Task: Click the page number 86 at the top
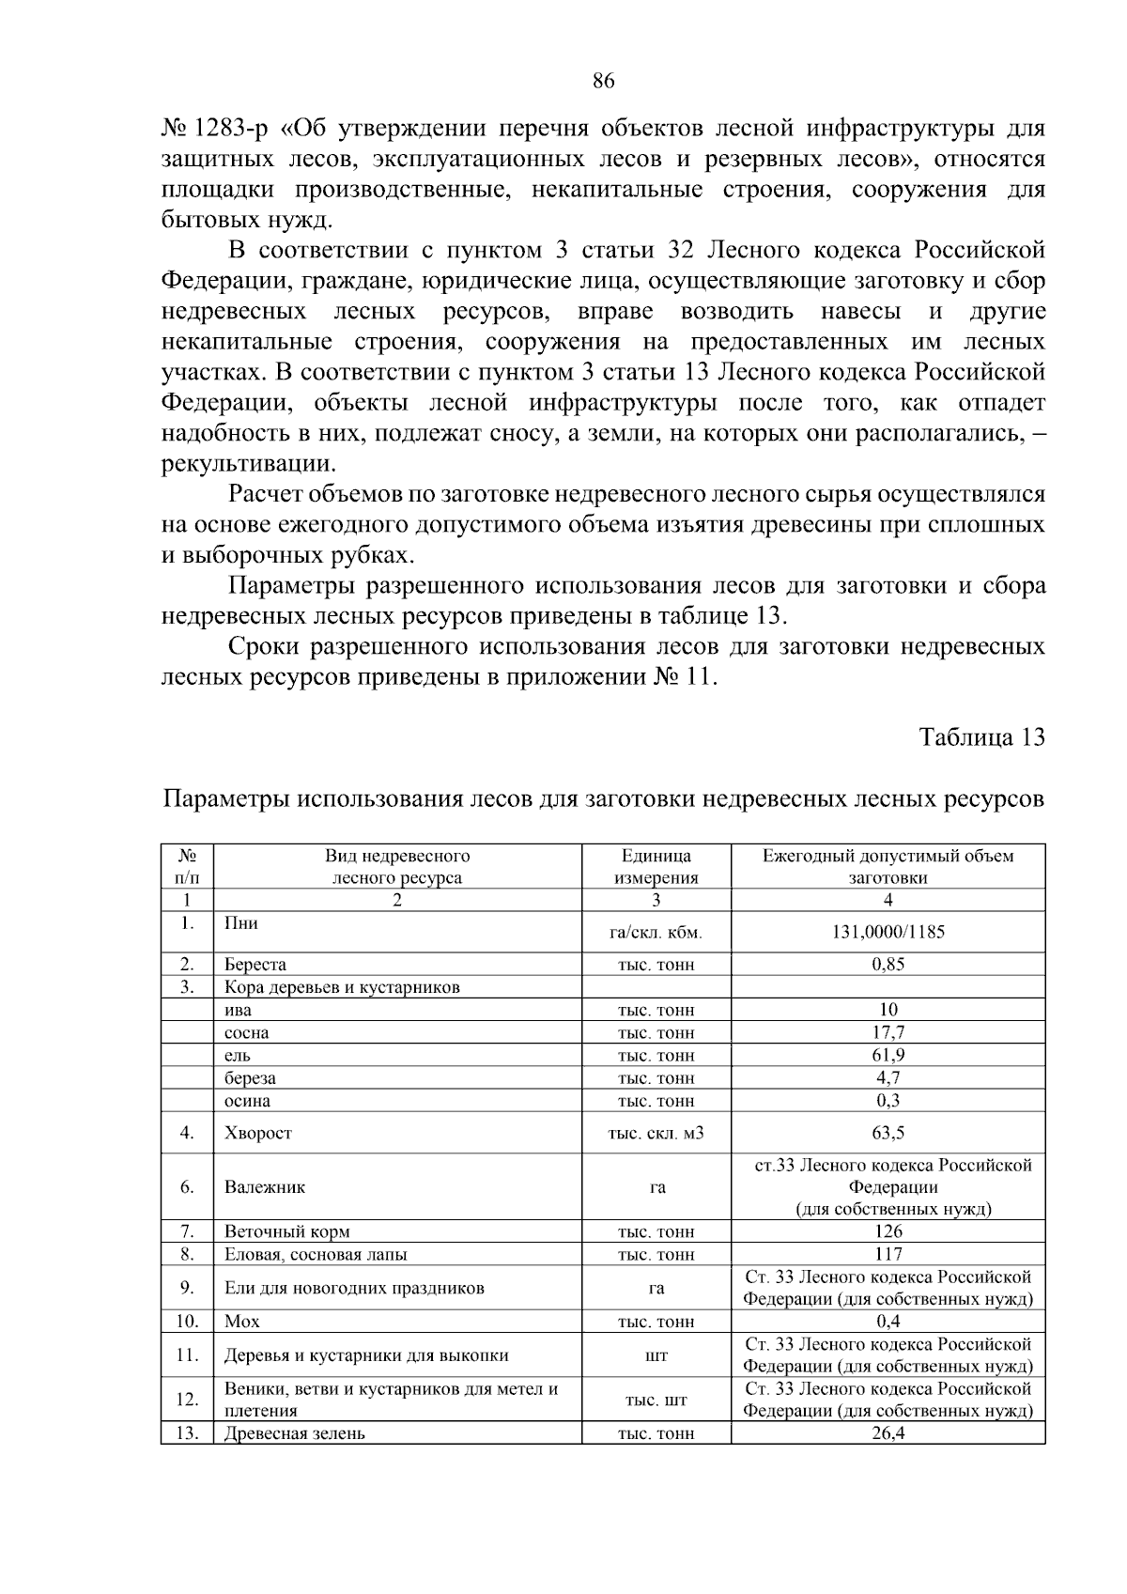603,83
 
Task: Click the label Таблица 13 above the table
981,737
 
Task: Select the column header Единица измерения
656,867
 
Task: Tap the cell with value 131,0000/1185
888,933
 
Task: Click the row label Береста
255,965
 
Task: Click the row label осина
247,1101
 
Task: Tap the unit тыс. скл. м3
656,1134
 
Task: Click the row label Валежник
265,1187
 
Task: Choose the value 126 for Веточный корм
888,1231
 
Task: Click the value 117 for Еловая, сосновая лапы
888,1254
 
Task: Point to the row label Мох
242,1322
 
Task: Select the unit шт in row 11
656,1355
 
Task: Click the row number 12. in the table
188,1401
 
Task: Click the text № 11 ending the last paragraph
684,677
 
